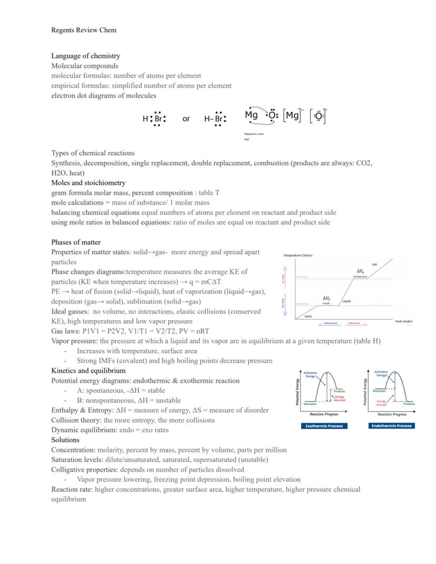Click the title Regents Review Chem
(x=84, y=30)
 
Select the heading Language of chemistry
(x=85, y=56)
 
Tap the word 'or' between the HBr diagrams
(x=186, y=119)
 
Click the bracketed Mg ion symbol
(x=293, y=116)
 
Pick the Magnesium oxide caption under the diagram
(x=254, y=134)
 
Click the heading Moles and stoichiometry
(x=88, y=183)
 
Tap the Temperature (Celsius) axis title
(x=298, y=255)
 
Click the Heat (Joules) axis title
(x=403, y=321)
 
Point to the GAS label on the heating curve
(x=374, y=264)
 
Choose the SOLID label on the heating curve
(x=308, y=316)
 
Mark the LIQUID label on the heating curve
(x=346, y=302)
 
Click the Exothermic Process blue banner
(x=324, y=426)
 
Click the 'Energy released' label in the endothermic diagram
(x=381, y=403)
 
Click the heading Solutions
(x=65, y=440)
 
